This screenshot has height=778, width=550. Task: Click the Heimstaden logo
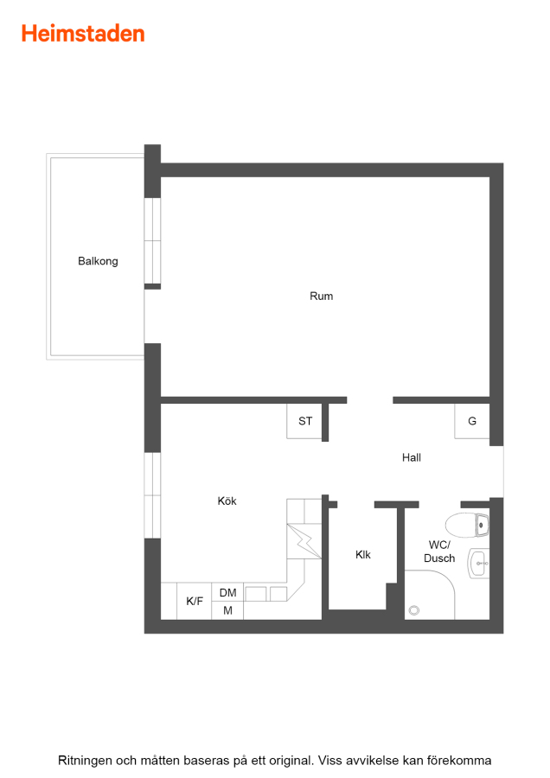tap(83, 34)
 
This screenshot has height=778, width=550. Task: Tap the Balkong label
tap(98, 261)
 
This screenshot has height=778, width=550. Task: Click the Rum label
tap(321, 297)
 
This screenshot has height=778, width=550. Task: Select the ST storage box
tap(304, 421)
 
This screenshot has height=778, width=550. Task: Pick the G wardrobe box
tap(472, 421)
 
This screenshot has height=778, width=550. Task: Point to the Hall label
tap(412, 457)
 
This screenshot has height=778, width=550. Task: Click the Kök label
tap(227, 501)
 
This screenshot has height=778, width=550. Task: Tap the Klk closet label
tap(363, 555)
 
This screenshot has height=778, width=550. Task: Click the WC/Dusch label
tap(439, 552)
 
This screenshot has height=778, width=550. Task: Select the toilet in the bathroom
tap(467, 526)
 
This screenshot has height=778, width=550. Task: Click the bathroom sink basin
tap(478, 564)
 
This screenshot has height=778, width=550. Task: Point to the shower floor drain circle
tap(414, 610)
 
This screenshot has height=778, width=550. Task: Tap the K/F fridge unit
tap(194, 602)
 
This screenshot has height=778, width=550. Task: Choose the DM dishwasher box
tap(227, 592)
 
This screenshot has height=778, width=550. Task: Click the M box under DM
tap(227, 611)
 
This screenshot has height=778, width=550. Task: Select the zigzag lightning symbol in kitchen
tap(304, 541)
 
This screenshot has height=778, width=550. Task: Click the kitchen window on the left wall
tap(152, 495)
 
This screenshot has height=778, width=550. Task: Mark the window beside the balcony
tap(152, 240)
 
